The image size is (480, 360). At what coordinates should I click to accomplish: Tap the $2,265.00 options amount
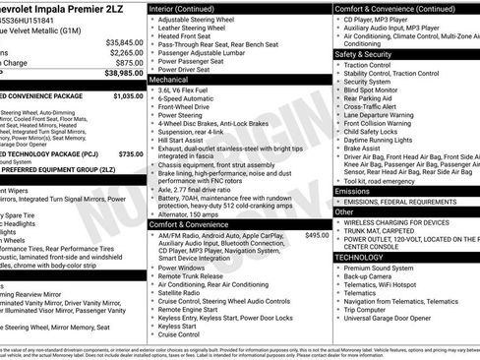click(x=128, y=53)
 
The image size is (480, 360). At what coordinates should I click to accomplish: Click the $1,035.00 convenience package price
click(x=128, y=97)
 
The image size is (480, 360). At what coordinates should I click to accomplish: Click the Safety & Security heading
click(x=364, y=55)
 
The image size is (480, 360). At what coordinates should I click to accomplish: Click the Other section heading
click(x=344, y=211)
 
